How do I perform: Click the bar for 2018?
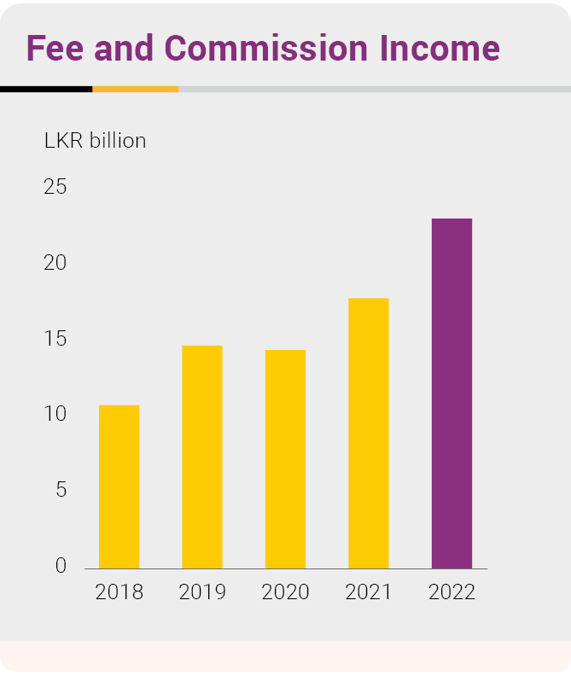coord(119,487)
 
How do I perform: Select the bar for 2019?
coord(201,457)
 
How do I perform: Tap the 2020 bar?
coord(285,459)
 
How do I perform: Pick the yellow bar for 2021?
coord(368,433)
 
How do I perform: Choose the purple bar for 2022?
coord(452,393)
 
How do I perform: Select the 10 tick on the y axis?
coord(55,414)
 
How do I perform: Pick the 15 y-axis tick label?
coord(55,339)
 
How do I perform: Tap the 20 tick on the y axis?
coord(55,263)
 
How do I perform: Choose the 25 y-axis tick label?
coord(55,187)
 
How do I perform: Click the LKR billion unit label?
coord(95,141)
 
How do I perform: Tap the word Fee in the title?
coord(55,49)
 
